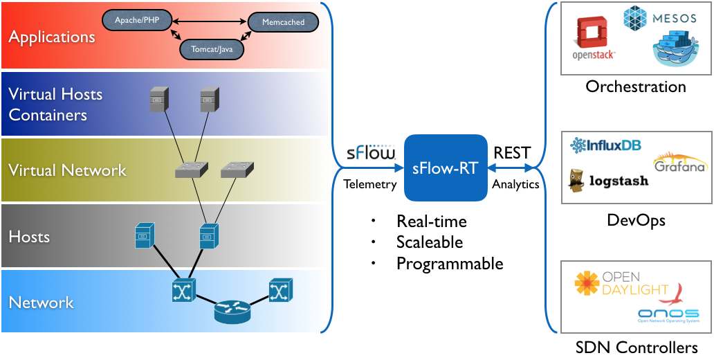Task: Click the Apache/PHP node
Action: [136, 20]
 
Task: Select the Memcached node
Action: [282, 22]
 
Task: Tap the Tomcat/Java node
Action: [212, 48]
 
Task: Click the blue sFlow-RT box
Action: [445, 168]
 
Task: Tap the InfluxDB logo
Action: [606, 145]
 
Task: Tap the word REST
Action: [512, 153]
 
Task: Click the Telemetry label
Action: [370, 184]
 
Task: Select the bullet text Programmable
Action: [449, 263]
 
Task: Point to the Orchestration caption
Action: [635, 87]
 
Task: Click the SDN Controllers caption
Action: [636, 348]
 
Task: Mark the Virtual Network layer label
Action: [67, 170]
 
